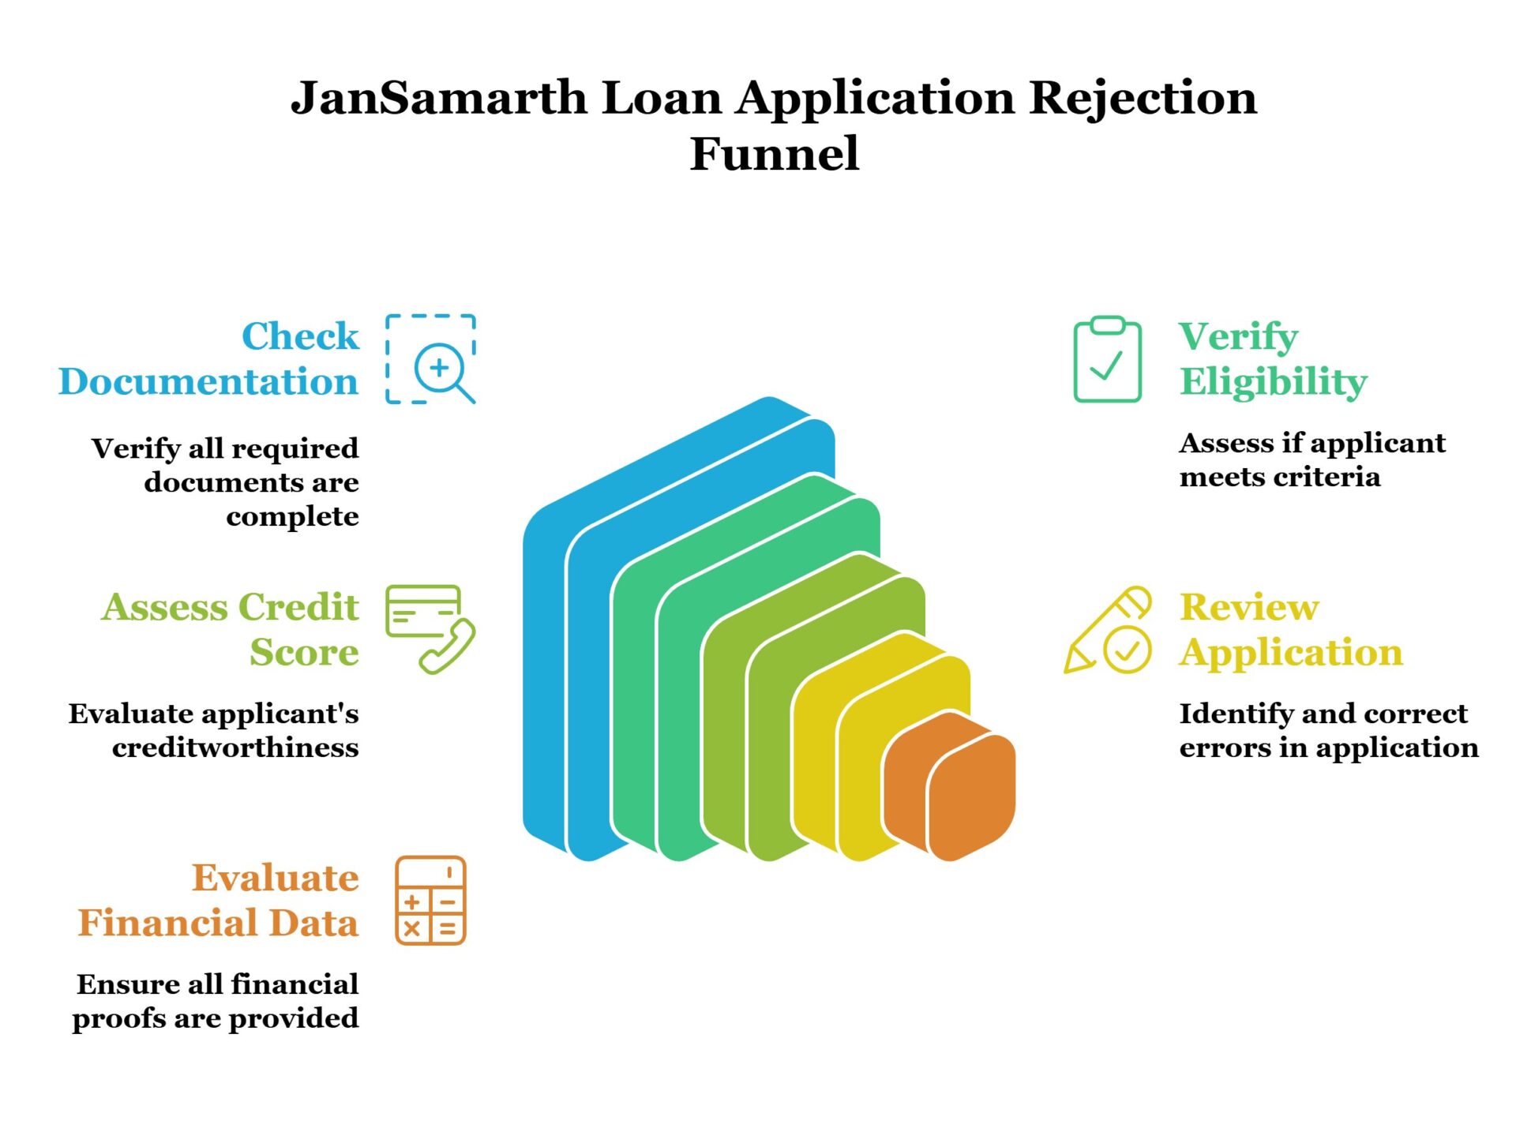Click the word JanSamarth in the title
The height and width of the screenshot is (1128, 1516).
[439, 99]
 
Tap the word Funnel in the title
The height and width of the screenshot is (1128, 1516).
[774, 153]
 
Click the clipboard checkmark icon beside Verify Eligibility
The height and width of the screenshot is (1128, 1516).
[1107, 360]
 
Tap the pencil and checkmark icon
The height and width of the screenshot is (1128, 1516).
[1107, 631]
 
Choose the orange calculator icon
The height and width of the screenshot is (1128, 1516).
[430, 900]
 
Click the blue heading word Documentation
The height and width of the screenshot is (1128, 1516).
[208, 382]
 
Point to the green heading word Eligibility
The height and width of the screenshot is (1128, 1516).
[1273, 382]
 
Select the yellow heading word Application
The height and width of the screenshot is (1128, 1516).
[1291, 653]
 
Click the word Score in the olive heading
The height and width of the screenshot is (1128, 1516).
[304, 653]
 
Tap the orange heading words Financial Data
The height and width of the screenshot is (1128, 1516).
[218, 923]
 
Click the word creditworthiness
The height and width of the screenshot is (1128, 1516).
[235, 748]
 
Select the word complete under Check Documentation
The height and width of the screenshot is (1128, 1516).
[292, 516]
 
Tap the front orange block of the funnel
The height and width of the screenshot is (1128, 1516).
[972, 797]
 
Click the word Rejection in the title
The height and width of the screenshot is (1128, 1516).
[1143, 99]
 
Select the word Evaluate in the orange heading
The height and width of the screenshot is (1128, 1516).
[275, 878]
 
